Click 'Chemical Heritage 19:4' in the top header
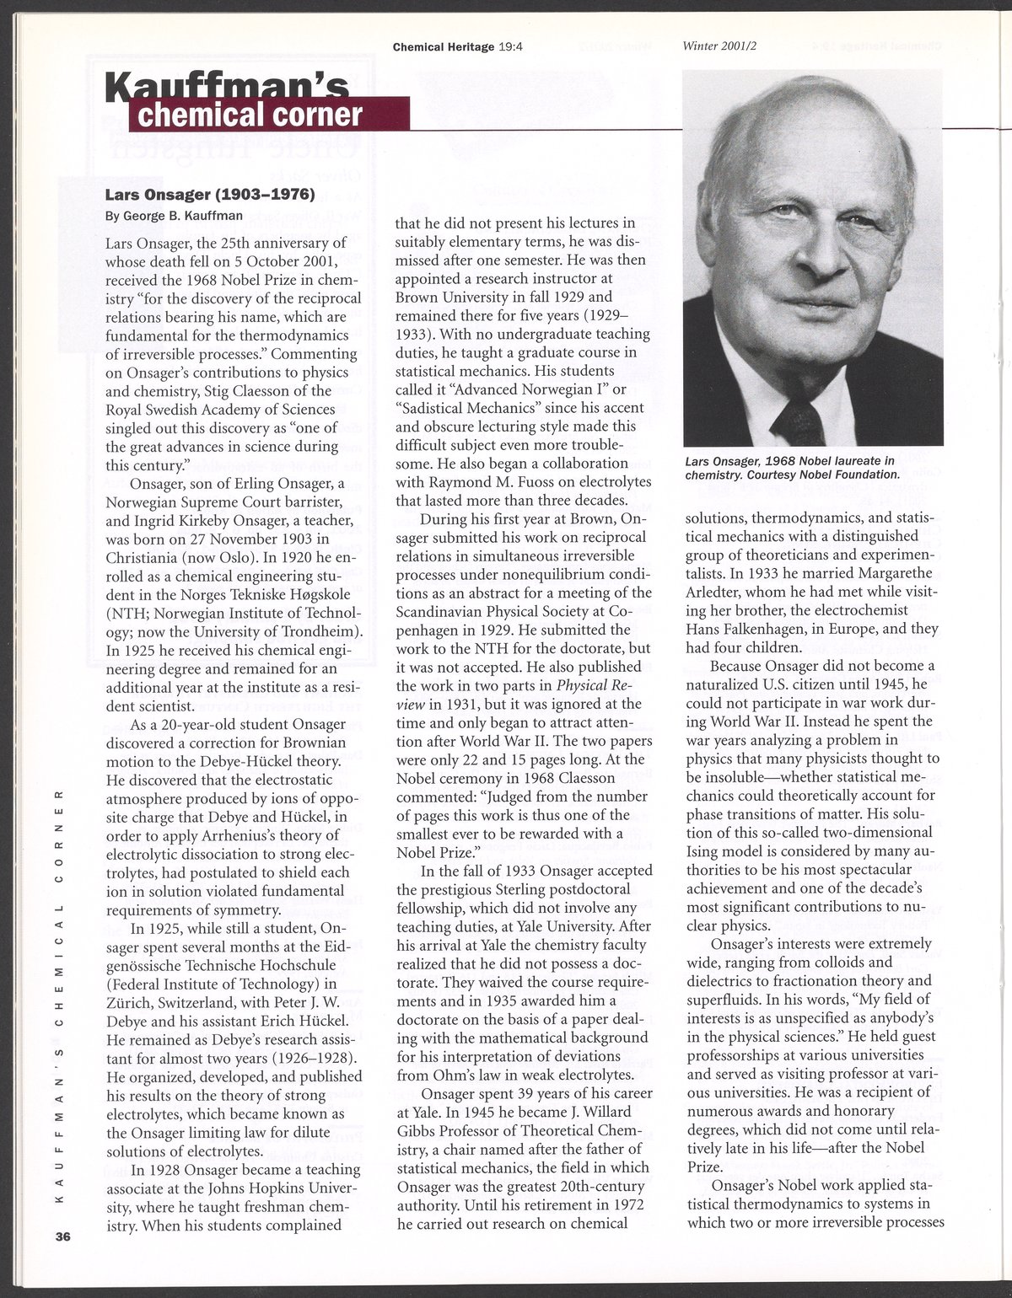click(x=459, y=47)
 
